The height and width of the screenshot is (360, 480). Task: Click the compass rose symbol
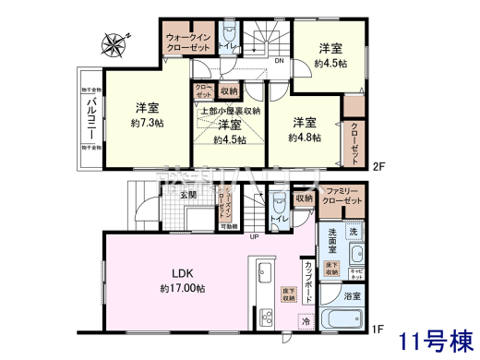116,41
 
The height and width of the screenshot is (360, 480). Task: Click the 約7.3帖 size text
146,122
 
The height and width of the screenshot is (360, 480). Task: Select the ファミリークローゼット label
342,197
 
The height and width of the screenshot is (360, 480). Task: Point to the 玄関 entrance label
188,196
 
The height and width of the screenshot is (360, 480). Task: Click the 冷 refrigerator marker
306,320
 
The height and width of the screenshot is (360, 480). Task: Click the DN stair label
280,62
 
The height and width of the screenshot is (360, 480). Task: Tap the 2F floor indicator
378,166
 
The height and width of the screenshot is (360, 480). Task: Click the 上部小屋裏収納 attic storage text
230,109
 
